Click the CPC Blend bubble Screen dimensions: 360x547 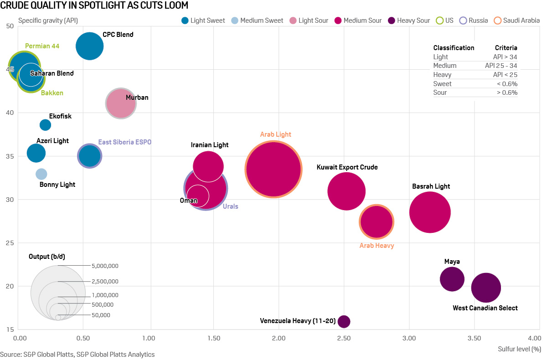tap(89, 46)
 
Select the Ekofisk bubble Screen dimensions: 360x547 tap(45, 125)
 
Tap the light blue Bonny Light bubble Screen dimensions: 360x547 tap(41, 174)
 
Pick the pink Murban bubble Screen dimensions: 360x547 tap(121, 103)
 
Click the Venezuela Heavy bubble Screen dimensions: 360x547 tap(344, 321)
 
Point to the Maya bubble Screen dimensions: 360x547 tap(452, 279)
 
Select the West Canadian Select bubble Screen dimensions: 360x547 tap(486, 288)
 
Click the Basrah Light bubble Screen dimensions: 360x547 tap(430, 212)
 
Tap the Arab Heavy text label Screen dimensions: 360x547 tap(377, 246)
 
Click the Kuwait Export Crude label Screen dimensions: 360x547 tap(347, 167)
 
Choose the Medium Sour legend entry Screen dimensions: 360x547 tap(363, 21)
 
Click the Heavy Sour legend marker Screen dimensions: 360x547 tap(392, 21)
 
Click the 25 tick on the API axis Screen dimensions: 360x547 tap(10, 243)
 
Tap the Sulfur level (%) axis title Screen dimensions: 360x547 tap(519, 350)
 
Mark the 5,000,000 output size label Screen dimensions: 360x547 tap(105, 266)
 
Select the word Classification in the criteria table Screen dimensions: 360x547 tap(454, 48)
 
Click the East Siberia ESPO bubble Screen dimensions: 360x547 tap(89, 156)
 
